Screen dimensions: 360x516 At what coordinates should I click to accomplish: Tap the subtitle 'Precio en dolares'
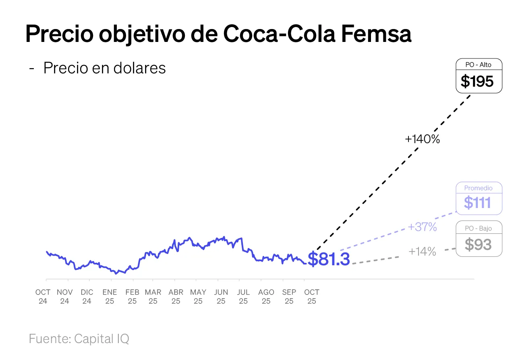coord(104,68)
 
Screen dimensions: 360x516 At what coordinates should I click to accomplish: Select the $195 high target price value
coord(477,82)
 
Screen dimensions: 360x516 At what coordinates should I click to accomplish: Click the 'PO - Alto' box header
coord(479,65)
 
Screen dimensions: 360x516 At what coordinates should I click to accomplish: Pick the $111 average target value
coord(478,202)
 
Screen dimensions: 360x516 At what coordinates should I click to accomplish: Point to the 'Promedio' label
coord(478,188)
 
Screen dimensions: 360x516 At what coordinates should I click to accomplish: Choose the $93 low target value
coord(478,244)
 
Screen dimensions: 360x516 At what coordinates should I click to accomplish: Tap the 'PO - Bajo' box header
coord(478,228)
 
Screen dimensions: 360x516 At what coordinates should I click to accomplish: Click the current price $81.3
coord(329,259)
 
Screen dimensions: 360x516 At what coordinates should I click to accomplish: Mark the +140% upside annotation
coord(422,139)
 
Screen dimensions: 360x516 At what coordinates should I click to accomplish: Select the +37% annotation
coord(422,227)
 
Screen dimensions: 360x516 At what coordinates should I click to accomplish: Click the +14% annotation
coord(422,252)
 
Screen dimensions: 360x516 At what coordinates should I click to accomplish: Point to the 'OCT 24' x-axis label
coord(43,297)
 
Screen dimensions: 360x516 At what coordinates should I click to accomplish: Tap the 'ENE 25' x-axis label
coord(110,297)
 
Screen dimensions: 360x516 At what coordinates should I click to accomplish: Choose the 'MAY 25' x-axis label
coord(198,297)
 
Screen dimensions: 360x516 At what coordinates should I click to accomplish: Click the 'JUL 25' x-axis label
coord(243,297)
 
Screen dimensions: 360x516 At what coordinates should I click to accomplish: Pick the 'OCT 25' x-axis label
coord(312,297)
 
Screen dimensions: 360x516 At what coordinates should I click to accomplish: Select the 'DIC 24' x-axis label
coord(87,297)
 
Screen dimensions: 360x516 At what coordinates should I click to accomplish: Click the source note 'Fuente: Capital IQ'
coord(79,339)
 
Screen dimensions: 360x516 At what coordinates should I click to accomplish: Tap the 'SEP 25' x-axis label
coord(289,297)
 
